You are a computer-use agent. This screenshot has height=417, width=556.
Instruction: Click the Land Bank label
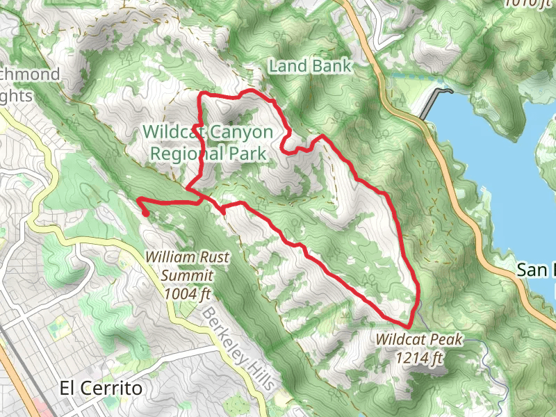pos(311,66)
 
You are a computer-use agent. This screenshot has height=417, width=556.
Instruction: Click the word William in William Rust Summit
pos(168,257)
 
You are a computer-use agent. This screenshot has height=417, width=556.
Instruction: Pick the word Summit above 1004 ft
pos(187,275)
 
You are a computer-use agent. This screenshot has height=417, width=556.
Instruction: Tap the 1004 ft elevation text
pos(187,293)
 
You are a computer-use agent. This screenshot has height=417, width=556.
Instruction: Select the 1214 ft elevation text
pos(419,358)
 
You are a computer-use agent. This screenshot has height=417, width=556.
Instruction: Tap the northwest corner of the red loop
pos(202,94)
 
